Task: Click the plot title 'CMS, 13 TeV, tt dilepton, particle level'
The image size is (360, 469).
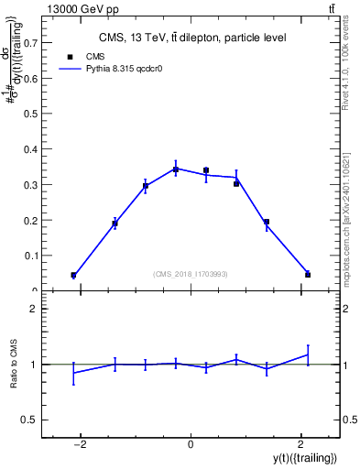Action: pyautogui.click(x=192, y=38)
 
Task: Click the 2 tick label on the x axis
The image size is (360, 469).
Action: pyautogui.click(x=301, y=444)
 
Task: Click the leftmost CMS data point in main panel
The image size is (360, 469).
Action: pyautogui.click(x=73, y=275)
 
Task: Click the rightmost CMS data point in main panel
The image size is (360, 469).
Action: pyautogui.click(x=308, y=274)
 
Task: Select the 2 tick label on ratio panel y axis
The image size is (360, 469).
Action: pyautogui.click(x=34, y=309)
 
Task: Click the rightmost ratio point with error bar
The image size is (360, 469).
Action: pyautogui.click(x=308, y=354)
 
